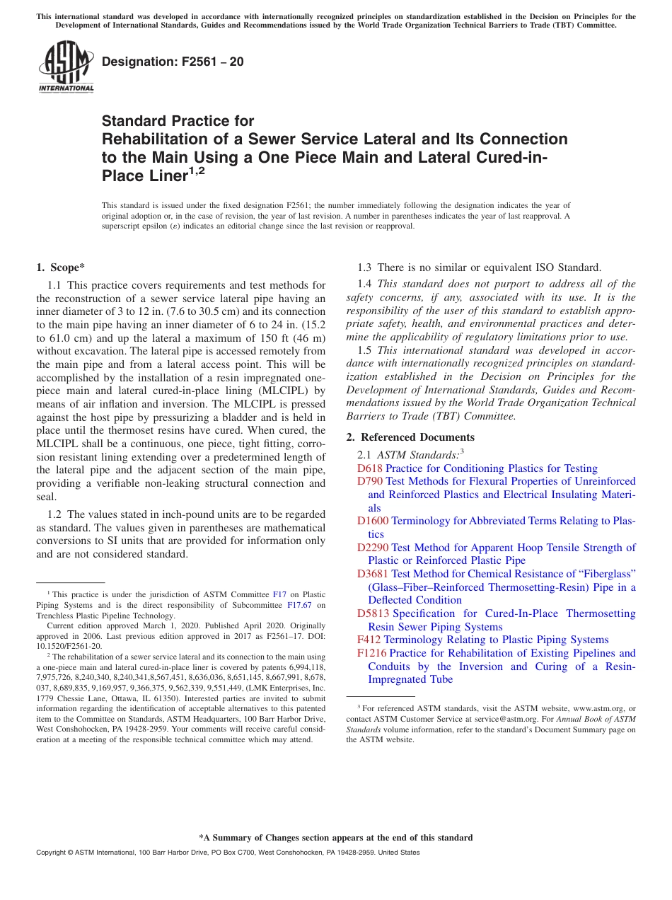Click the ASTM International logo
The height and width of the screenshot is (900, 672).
click(x=66, y=68)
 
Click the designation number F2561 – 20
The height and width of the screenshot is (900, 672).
click(x=173, y=62)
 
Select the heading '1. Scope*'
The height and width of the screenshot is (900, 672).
click(x=60, y=267)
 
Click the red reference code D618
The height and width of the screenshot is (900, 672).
click(x=370, y=468)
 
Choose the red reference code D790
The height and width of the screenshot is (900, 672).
click(x=370, y=482)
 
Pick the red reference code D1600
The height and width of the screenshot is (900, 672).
click(x=373, y=521)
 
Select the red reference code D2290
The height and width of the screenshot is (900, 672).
click(x=373, y=548)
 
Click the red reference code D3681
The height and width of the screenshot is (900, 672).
click(x=373, y=574)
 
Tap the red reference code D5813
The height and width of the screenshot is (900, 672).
click(x=373, y=613)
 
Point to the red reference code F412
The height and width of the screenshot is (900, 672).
click(x=369, y=640)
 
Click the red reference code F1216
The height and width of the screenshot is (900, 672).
click(x=372, y=653)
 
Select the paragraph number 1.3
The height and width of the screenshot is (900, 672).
click(x=365, y=267)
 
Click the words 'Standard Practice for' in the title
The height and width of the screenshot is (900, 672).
click(x=178, y=121)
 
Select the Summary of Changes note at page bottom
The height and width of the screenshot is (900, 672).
click(x=335, y=838)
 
